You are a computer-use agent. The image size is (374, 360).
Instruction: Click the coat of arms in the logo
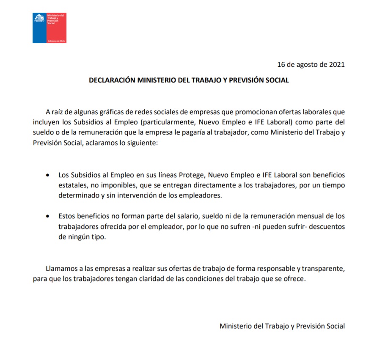point(39,19)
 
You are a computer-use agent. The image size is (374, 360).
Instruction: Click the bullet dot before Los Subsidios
point(48,175)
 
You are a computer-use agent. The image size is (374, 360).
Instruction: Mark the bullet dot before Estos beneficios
point(48,216)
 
